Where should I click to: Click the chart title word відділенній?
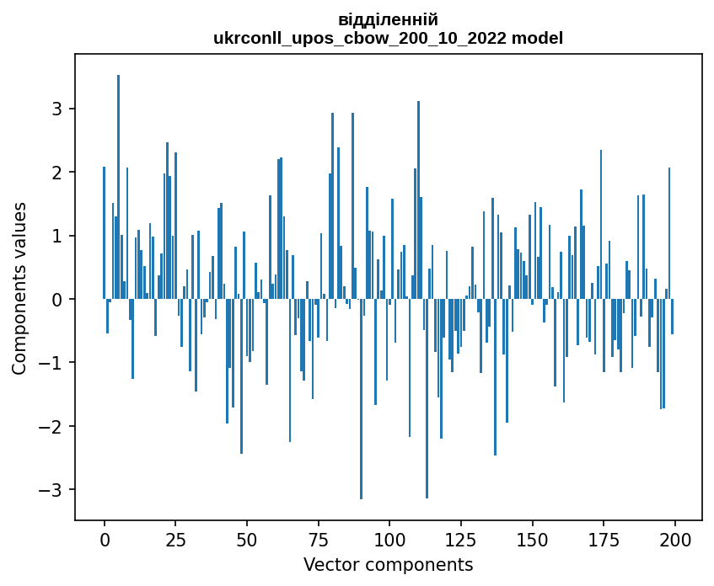tap(388, 20)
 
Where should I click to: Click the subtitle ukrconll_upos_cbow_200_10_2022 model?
tap(388, 38)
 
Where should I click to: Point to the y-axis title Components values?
tap(19, 288)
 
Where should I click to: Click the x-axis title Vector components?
tap(388, 564)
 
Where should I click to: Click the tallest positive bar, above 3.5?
tap(119, 185)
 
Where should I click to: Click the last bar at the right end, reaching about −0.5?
tap(673, 317)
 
